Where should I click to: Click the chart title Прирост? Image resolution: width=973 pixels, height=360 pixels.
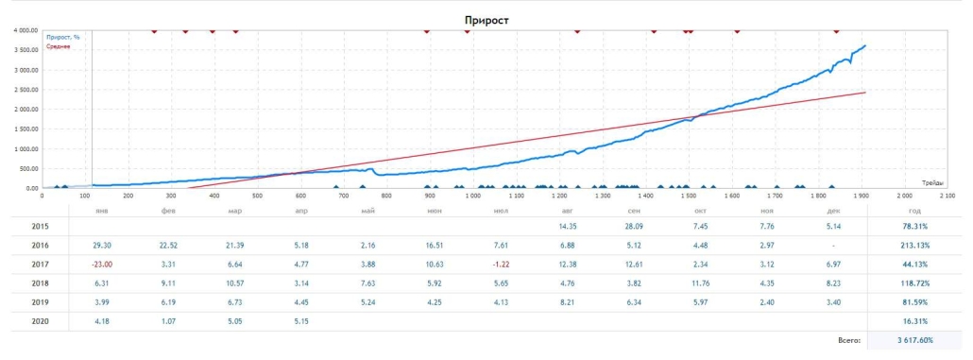(487, 19)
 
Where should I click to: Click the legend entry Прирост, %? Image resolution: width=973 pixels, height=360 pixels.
(62, 37)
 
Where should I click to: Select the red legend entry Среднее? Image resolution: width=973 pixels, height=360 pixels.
(59, 46)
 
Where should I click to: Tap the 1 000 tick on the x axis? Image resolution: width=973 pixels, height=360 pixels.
(473, 197)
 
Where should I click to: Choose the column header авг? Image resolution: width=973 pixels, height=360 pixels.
(567, 211)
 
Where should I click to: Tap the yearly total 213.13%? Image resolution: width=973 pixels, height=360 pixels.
(913, 245)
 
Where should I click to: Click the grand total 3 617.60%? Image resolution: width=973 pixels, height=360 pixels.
(912, 339)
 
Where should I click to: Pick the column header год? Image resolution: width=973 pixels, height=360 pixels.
(913, 211)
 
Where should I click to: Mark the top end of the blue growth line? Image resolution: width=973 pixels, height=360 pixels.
(864, 45)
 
